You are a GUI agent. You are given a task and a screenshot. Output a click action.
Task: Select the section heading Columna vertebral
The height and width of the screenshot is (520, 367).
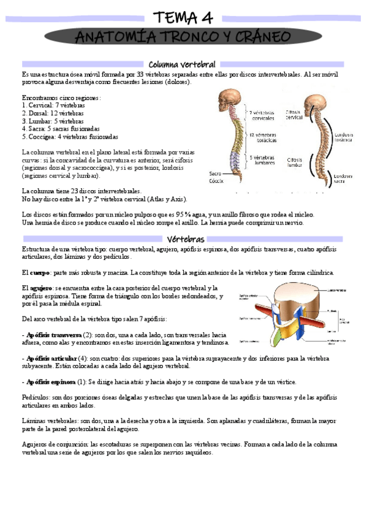point(182,64)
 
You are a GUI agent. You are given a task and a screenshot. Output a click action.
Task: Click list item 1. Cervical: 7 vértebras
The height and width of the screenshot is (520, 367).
point(53,105)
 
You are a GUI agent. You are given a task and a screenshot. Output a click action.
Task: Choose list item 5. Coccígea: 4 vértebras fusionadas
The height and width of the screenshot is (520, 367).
point(70,137)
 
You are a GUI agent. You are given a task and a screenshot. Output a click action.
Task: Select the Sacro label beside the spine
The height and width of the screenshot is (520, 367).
point(215,173)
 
